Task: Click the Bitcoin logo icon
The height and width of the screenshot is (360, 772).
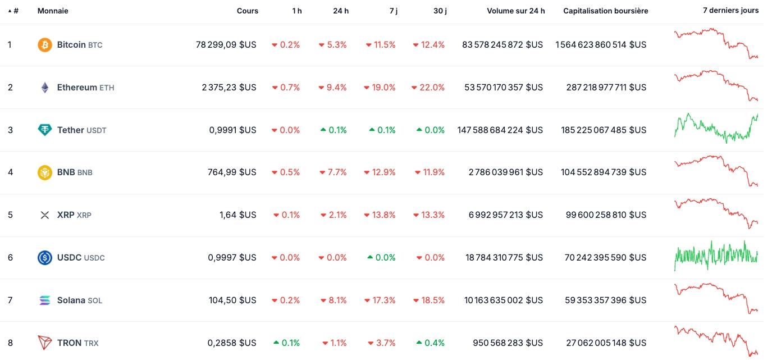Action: pyautogui.click(x=45, y=45)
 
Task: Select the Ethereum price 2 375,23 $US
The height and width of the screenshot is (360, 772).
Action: pyautogui.click(x=229, y=88)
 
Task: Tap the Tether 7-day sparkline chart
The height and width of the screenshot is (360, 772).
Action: pyautogui.click(x=716, y=128)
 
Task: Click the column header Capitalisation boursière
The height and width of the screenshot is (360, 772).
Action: pyautogui.click(x=605, y=11)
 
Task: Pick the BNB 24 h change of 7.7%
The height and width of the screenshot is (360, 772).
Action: pyautogui.click(x=333, y=172)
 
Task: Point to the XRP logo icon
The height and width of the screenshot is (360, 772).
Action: pyautogui.click(x=45, y=215)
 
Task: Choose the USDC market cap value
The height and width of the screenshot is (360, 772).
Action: pyautogui.click(x=605, y=258)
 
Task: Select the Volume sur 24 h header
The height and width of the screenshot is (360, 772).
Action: pyautogui.click(x=515, y=11)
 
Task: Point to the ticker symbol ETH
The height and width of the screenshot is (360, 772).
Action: pyautogui.click(x=107, y=88)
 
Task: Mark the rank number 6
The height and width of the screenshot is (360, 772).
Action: pyautogui.click(x=10, y=258)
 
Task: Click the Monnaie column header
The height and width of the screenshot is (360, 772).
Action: pyautogui.click(x=53, y=11)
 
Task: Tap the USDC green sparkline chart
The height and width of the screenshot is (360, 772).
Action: pyautogui.click(x=716, y=256)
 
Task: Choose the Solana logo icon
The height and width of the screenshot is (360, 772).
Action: pyautogui.click(x=45, y=300)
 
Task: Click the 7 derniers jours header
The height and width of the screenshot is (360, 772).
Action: pyautogui.click(x=730, y=11)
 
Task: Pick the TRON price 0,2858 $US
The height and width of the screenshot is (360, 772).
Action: pyautogui.click(x=232, y=343)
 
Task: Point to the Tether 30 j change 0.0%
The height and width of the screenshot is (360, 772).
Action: pyautogui.click(x=430, y=130)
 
